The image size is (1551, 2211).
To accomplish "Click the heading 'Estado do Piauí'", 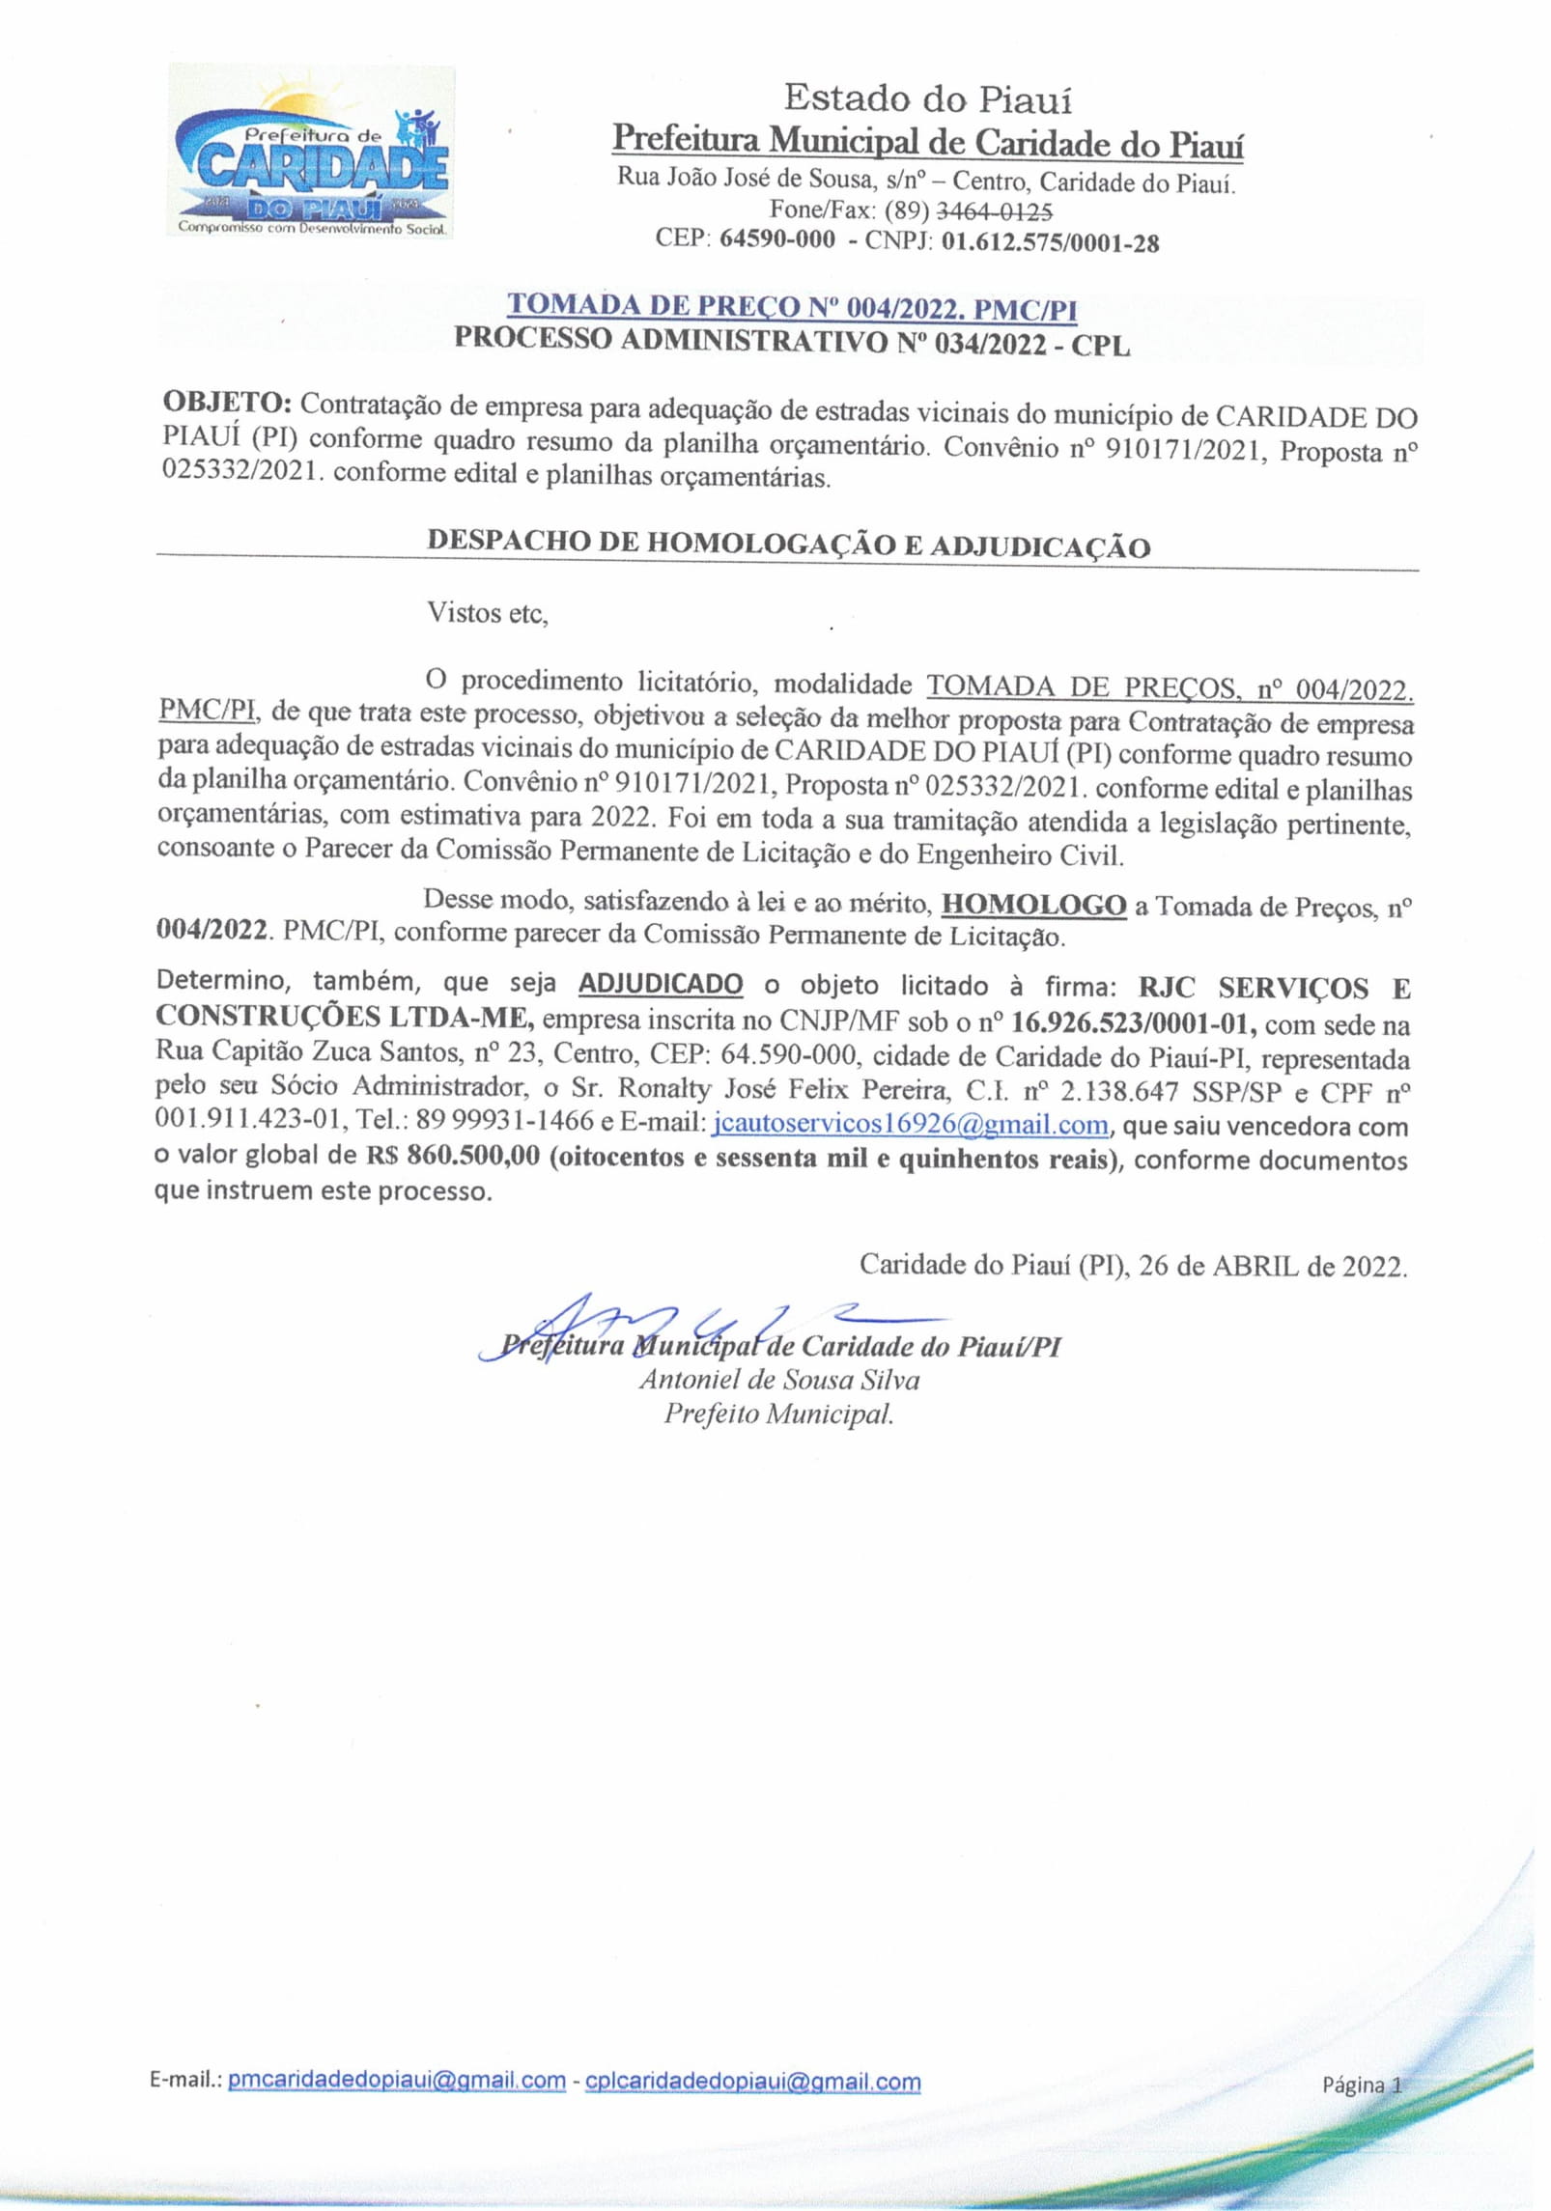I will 927,98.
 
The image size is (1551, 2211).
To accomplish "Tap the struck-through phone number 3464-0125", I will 994,210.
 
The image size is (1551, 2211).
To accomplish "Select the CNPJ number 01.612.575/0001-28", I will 1050,241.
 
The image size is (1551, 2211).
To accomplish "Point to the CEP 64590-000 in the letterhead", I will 777,239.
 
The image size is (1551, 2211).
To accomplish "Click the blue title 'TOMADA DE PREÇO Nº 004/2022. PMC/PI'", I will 792,308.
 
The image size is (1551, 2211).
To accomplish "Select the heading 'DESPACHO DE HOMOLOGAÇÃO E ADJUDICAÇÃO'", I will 788,544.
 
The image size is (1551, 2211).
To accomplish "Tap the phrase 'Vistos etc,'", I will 488,614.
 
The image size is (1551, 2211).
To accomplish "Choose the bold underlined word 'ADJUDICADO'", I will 661,985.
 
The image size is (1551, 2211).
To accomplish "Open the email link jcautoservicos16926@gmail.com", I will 910,1125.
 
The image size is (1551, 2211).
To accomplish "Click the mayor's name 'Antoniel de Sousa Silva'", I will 778,1380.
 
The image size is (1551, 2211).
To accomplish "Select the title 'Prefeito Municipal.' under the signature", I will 778,1414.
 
